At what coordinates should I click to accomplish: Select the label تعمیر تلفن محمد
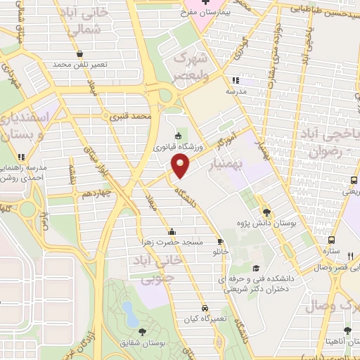click(79, 64)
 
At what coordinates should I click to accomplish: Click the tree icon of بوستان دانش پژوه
click(266, 212)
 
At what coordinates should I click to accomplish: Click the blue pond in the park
click(130, 313)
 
